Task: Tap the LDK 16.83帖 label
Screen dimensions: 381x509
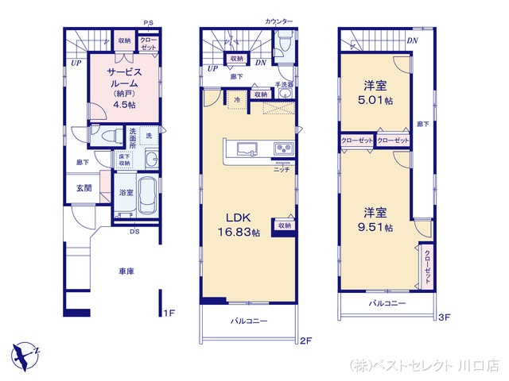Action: coord(239,225)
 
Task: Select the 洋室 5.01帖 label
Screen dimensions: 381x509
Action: coord(376,94)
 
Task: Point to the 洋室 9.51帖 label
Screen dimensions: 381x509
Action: coord(376,219)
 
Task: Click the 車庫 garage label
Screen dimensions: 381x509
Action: coord(126,271)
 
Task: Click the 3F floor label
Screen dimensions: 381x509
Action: coord(444,318)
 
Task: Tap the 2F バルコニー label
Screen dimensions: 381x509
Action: coord(249,321)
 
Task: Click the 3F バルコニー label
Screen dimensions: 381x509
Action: coord(387,303)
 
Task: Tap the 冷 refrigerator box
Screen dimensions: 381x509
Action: coord(238,99)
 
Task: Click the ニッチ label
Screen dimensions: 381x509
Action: coord(280,170)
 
